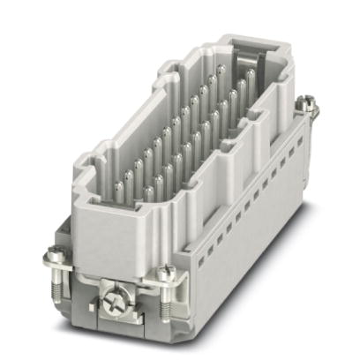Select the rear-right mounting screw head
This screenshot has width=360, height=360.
(x=309, y=106)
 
